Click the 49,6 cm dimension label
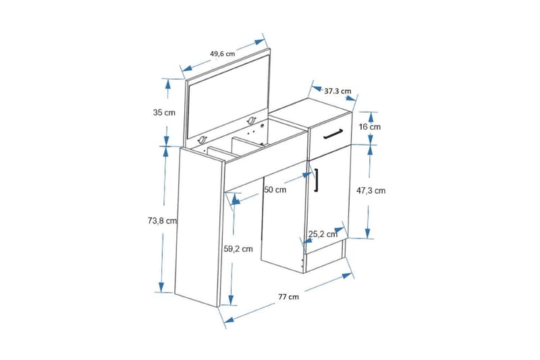pyautogui.click(x=223, y=54)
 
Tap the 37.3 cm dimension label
pyautogui.click(x=338, y=91)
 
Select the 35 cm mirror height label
pyautogui.click(x=164, y=112)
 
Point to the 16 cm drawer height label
pyautogui.click(x=370, y=127)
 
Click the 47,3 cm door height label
pyautogui.click(x=371, y=190)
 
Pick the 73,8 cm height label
pyautogui.click(x=162, y=221)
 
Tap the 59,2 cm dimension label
pyautogui.click(x=238, y=249)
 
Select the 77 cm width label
pyautogui.click(x=289, y=297)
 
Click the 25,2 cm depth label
pyautogui.click(x=323, y=234)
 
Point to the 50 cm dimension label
pyautogui.click(x=275, y=190)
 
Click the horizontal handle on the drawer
pyautogui.click(x=333, y=134)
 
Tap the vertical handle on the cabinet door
pyautogui.click(x=316, y=179)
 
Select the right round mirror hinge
pyautogui.click(x=251, y=121)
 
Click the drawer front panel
pyautogui.click(x=331, y=136)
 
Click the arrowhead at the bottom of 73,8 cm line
pyautogui.click(x=161, y=287)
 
